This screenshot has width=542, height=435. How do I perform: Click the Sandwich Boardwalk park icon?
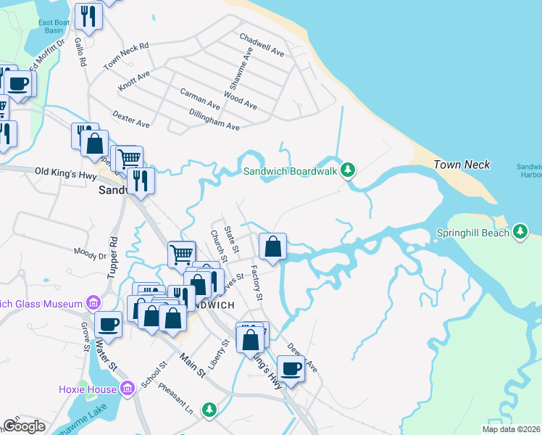(349, 170)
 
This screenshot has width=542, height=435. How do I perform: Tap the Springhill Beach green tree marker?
(520, 233)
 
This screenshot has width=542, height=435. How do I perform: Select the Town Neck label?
(462, 165)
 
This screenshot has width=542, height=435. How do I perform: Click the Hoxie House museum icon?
(128, 389)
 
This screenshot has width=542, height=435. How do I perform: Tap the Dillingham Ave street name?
(214, 120)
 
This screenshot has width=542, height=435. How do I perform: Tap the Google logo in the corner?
(24, 426)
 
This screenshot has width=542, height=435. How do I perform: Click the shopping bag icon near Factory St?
(272, 246)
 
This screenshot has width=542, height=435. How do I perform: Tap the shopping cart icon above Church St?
(181, 254)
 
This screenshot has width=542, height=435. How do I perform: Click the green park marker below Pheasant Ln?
(209, 410)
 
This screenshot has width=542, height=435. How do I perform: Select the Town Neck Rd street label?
(125, 56)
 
